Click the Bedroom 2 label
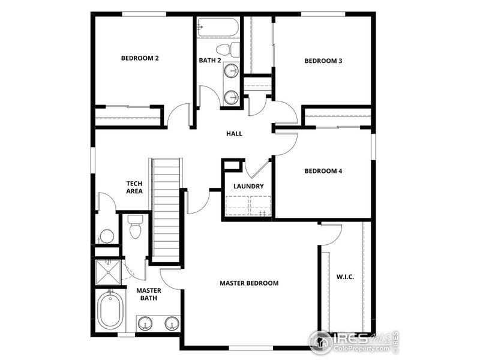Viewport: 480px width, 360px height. tap(140, 58)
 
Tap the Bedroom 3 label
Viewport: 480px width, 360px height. tap(323, 61)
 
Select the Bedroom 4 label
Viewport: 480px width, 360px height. tap(323, 171)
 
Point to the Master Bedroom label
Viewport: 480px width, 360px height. tap(249, 283)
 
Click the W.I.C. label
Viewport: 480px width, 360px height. tap(344, 277)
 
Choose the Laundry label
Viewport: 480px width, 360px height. tap(248, 187)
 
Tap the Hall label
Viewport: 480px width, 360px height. tap(234, 134)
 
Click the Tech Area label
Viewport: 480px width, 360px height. tap(134, 187)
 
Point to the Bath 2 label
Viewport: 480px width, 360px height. tap(211, 61)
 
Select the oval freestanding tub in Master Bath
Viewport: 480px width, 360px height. tap(110, 310)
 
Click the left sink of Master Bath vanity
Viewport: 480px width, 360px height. tap(145, 324)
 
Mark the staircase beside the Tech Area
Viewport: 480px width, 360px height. tap(166, 210)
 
